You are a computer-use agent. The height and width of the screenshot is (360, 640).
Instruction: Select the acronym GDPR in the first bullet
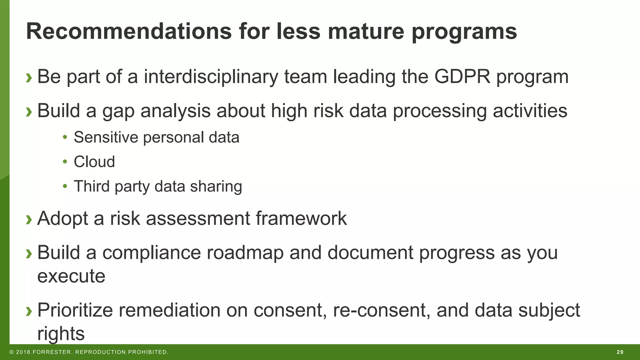462,77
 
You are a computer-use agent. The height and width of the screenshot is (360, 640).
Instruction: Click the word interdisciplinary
211,77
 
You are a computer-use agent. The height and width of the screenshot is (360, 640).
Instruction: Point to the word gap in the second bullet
118,111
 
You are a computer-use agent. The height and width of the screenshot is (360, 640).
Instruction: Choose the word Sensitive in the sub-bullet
106,137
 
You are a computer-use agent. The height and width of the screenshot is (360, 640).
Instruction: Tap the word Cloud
94,162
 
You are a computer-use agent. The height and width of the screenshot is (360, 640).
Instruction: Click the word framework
301,218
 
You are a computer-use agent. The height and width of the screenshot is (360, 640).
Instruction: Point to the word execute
71,276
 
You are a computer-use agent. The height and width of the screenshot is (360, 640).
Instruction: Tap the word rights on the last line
61,334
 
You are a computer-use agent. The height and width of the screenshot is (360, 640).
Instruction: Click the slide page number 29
620,352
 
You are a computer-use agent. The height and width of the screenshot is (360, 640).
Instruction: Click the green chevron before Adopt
29,219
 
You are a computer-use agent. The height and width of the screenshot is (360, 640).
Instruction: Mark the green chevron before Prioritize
29,311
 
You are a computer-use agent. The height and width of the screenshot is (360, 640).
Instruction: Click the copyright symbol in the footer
12,352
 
